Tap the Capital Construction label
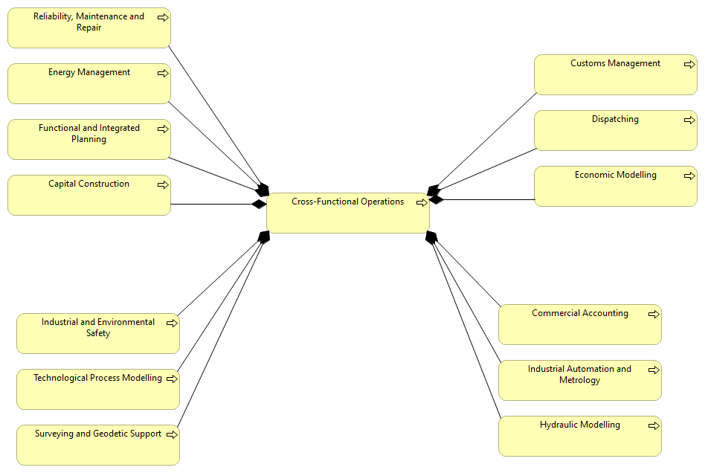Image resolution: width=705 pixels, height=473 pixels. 88,184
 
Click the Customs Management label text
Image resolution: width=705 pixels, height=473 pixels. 615,63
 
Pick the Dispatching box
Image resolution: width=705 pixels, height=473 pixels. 615,132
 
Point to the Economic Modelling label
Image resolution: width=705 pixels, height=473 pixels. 615,175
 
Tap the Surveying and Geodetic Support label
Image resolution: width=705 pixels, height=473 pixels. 97,434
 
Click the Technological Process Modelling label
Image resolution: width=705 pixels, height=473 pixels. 97,378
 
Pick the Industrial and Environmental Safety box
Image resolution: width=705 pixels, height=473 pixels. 97,335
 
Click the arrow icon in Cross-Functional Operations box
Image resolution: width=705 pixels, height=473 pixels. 422,202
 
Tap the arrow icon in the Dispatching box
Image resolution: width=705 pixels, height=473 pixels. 689,120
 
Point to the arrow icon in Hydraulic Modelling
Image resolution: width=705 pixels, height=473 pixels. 654,426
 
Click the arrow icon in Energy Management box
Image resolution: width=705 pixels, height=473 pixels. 163,73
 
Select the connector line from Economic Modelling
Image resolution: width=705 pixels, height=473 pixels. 483,199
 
